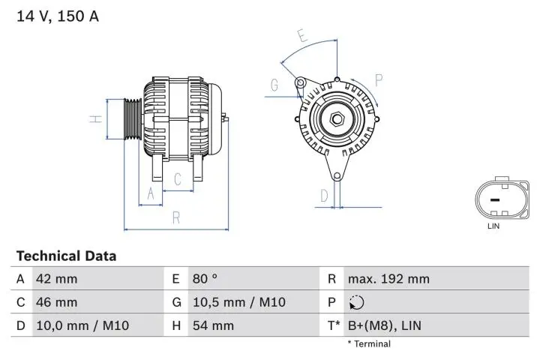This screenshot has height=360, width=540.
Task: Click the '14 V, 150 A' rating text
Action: pos(58,16)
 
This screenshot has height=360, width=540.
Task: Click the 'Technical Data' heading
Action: pos(66,256)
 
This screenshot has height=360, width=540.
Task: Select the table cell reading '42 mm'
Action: pos(56,279)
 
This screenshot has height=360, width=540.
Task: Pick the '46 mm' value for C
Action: pos(56,302)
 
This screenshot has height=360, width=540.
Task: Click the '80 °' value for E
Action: pos(205,279)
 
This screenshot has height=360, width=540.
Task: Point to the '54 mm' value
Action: pos(213,325)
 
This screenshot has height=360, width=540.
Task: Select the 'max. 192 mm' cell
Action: pos(388,279)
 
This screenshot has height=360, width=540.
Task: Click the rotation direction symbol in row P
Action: pos(356,303)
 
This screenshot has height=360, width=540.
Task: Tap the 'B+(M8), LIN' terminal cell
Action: pos(385,325)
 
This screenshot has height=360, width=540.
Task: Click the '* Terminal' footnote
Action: pos(368,344)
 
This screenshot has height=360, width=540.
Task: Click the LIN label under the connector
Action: pos(493,225)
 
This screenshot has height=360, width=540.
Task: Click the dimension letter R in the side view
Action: pos(176,217)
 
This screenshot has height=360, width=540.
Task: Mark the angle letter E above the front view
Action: pos(301,35)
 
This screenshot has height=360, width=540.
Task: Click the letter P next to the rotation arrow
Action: pos(379,79)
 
